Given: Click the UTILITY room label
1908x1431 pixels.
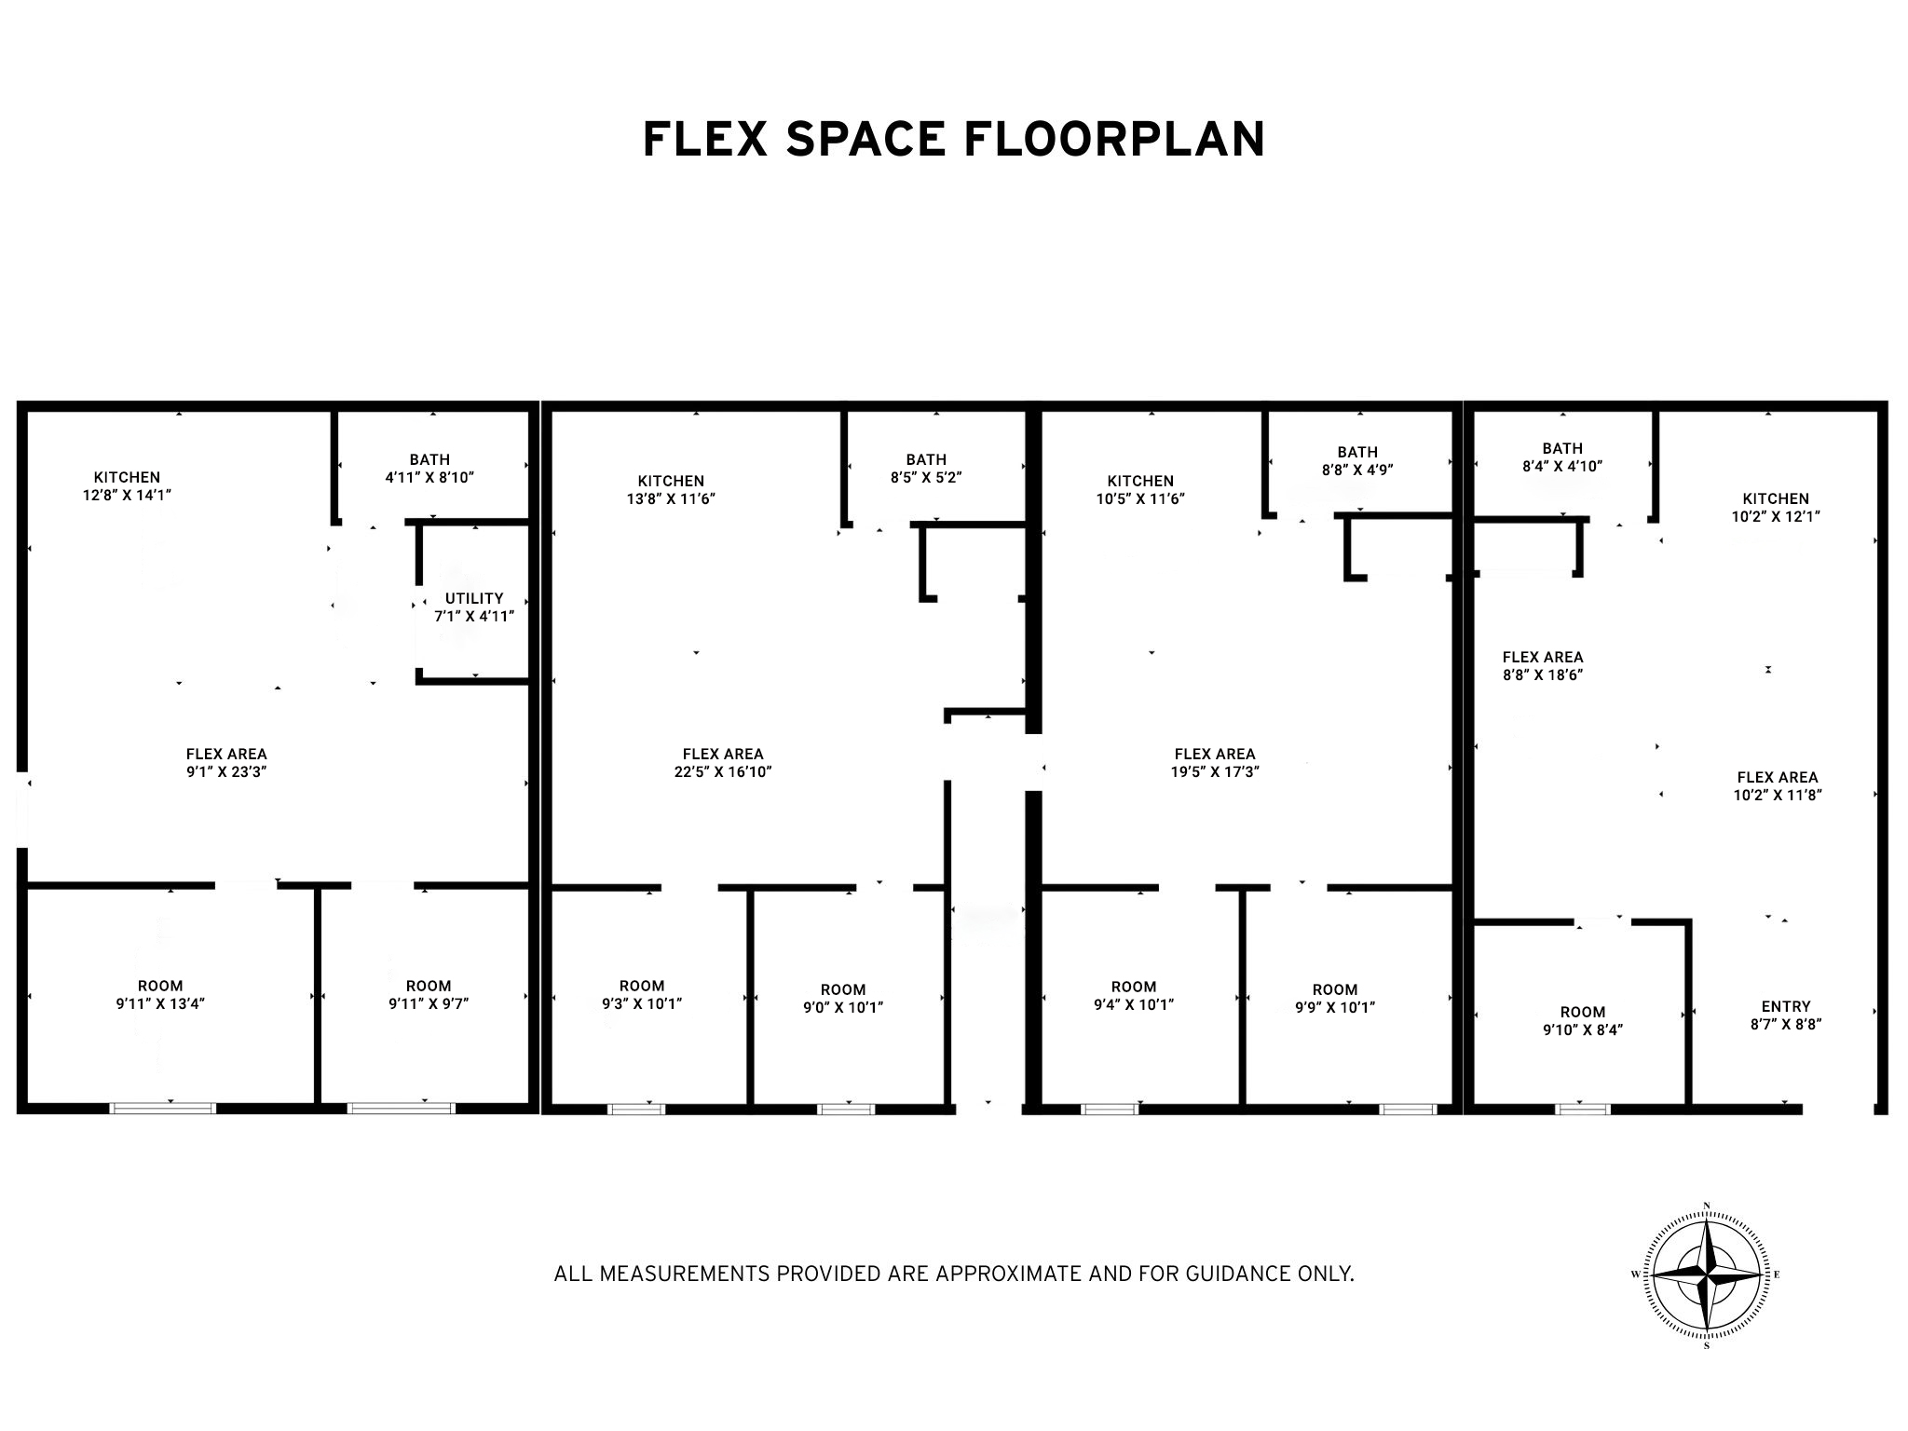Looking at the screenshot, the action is pyautogui.click(x=474, y=598).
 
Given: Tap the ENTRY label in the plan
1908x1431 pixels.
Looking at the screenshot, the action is pyautogui.click(x=1786, y=1006).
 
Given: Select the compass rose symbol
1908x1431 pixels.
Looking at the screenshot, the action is pyautogui.click(x=1707, y=1275).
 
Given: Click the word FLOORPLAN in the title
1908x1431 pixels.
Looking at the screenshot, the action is pyautogui.click(x=1114, y=139).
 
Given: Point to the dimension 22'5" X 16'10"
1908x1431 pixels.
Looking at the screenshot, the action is pyautogui.click(x=723, y=771).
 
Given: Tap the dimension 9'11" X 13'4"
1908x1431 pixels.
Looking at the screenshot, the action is pyautogui.click(x=160, y=1003).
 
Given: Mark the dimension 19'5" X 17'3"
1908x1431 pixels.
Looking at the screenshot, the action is pyautogui.click(x=1215, y=771).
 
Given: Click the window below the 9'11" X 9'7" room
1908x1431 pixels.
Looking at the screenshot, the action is pyautogui.click(x=402, y=1108).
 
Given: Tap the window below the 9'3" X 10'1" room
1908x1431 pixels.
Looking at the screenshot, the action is pyautogui.click(x=636, y=1109).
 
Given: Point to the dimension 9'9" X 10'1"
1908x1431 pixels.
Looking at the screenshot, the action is pyautogui.click(x=1334, y=1007).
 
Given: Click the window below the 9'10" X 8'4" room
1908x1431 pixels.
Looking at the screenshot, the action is pyautogui.click(x=1582, y=1109).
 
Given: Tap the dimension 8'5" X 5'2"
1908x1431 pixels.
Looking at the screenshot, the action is pyautogui.click(x=925, y=477).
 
